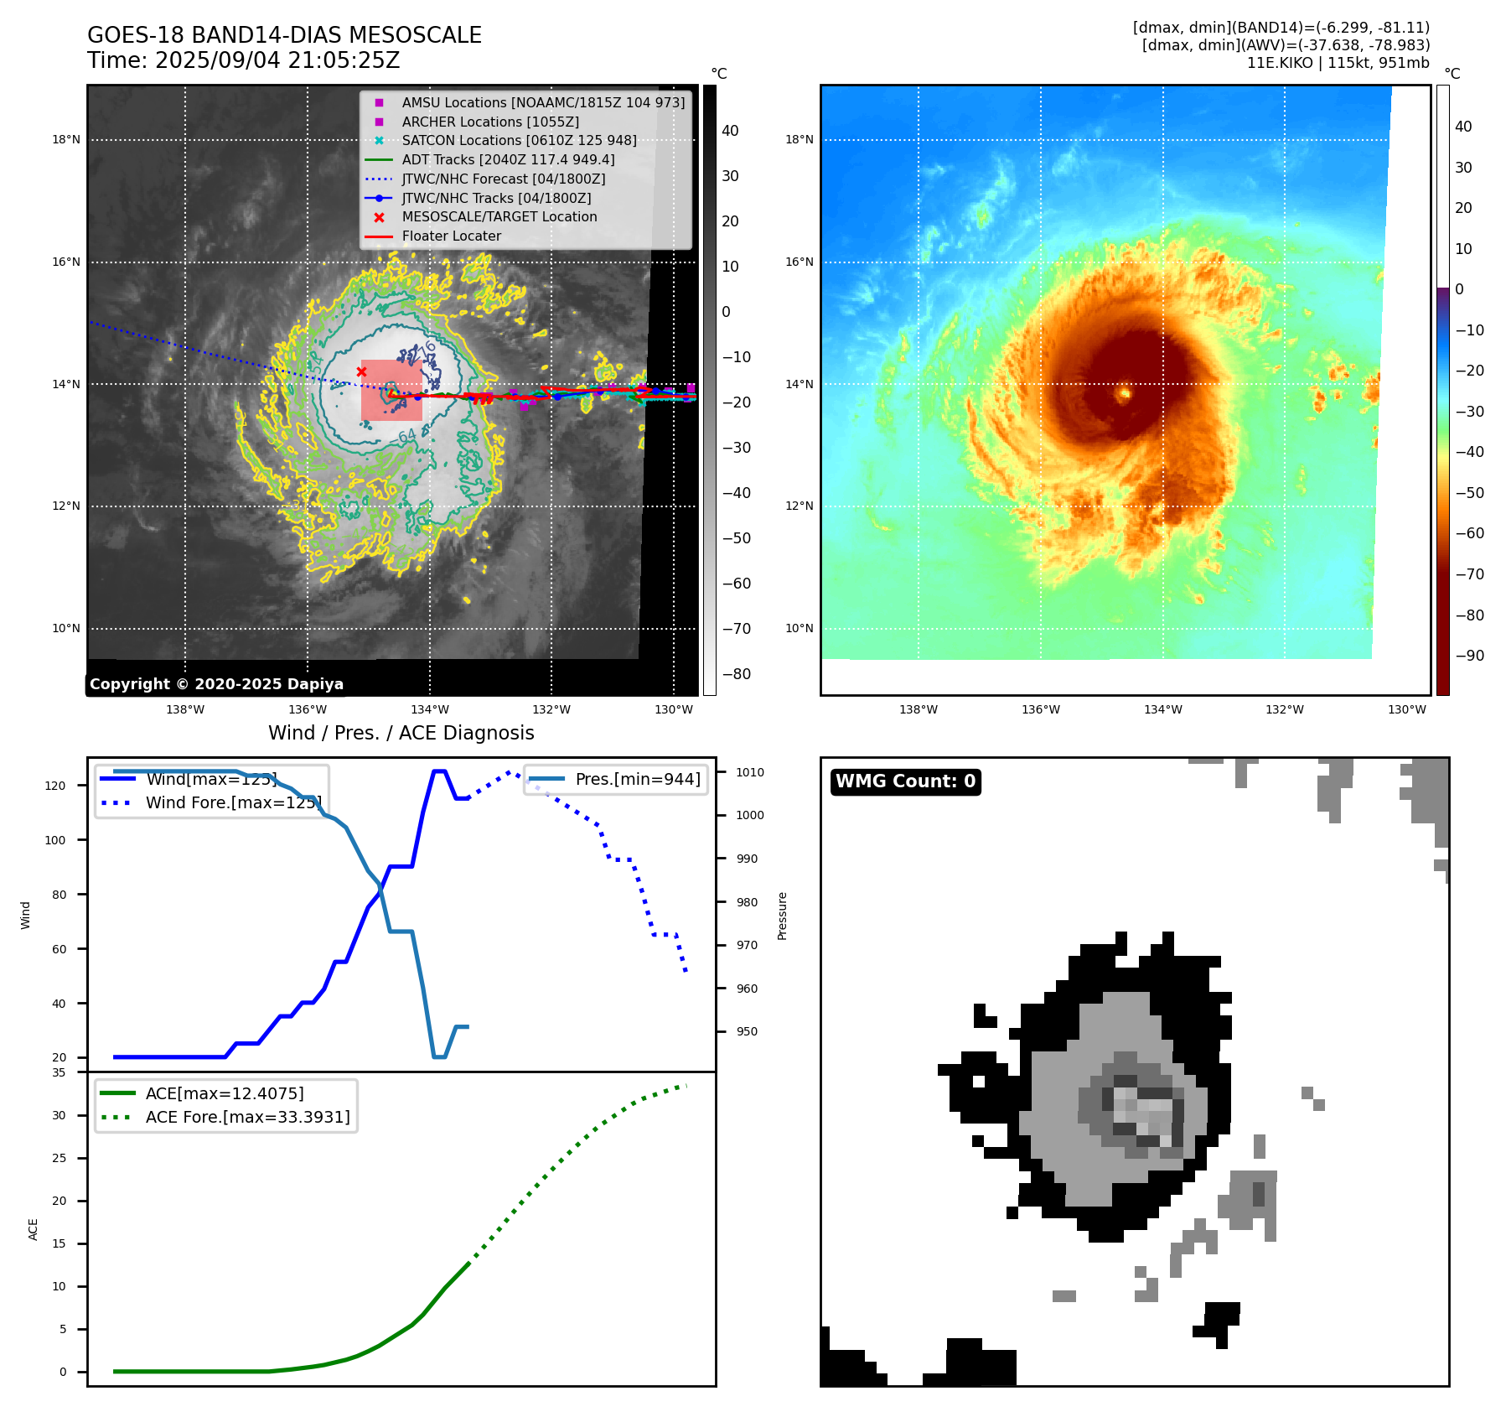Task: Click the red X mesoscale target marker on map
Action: pyautogui.click(x=361, y=371)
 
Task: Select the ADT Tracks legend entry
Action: pyautogui.click(x=508, y=159)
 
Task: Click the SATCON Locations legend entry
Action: pyautogui.click(x=519, y=140)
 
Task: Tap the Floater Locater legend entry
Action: pyautogui.click(x=451, y=236)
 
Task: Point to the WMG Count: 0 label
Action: pyautogui.click(x=905, y=781)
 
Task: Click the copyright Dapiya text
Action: pyautogui.click(x=216, y=684)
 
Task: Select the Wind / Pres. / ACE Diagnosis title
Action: pyautogui.click(x=401, y=733)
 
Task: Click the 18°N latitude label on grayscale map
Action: pyautogui.click(x=66, y=140)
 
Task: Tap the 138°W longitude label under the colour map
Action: pyautogui.click(x=918, y=709)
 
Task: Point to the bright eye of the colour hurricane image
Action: pyautogui.click(x=1124, y=392)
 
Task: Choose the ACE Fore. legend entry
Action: pyautogui.click(x=247, y=1117)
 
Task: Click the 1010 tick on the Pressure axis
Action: pyautogui.click(x=750, y=772)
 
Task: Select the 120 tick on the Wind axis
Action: pyautogui.click(x=55, y=786)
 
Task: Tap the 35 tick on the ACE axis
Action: pyautogui.click(x=59, y=1072)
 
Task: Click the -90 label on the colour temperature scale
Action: pyautogui.click(x=1469, y=656)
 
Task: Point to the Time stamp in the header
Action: pyautogui.click(x=243, y=61)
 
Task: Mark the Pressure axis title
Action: pyautogui.click(x=782, y=916)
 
